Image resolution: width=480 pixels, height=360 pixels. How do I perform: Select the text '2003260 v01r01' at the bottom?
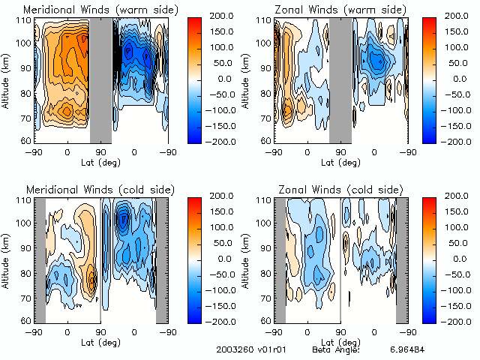tap(248, 349)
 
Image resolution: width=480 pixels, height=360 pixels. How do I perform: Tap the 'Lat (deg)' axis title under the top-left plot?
tap(100, 162)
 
